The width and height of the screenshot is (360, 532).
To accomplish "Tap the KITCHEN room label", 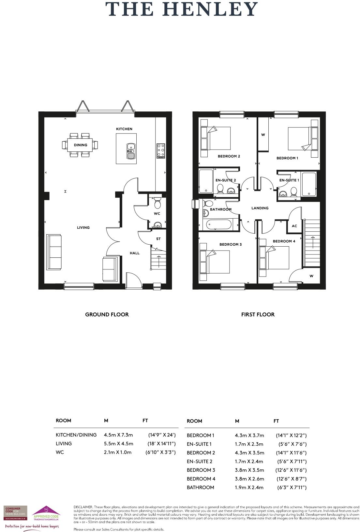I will pyautogui.click(x=124, y=129).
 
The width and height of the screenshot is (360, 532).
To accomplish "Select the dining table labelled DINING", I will pyautogui.click(x=80, y=145).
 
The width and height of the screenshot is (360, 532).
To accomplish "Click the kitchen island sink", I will pyautogui.click(x=131, y=151).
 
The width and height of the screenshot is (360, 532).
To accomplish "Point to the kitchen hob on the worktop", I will pyautogui.click(x=160, y=151).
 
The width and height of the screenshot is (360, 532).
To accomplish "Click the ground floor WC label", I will pyautogui.click(x=157, y=214).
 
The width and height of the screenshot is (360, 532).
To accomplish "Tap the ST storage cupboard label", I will pyautogui.click(x=158, y=239).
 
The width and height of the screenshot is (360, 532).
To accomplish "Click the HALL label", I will pyautogui.click(x=135, y=253).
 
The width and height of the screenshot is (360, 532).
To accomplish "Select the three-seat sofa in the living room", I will pyautogui.click(x=54, y=252).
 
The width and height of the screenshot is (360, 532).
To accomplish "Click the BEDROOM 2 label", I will pyautogui.click(x=229, y=156).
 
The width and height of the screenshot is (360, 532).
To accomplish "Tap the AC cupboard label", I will pyautogui.click(x=294, y=226).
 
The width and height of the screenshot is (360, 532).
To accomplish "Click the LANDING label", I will pyautogui.click(x=260, y=208).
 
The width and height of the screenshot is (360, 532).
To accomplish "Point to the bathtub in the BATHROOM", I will pyautogui.click(x=218, y=224).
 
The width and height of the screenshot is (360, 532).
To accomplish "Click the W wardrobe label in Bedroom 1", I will pyautogui.click(x=263, y=135).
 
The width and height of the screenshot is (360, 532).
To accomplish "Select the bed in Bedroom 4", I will pyautogui.click(x=277, y=257).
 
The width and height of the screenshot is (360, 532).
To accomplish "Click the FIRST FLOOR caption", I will pyautogui.click(x=258, y=314).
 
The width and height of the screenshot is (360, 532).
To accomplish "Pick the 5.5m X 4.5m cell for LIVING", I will pyautogui.click(x=118, y=443).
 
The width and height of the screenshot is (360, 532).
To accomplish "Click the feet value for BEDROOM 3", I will pyautogui.click(x=291, y=470).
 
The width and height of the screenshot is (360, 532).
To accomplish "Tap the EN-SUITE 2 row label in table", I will pyautogui.click(x=200, y=461).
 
